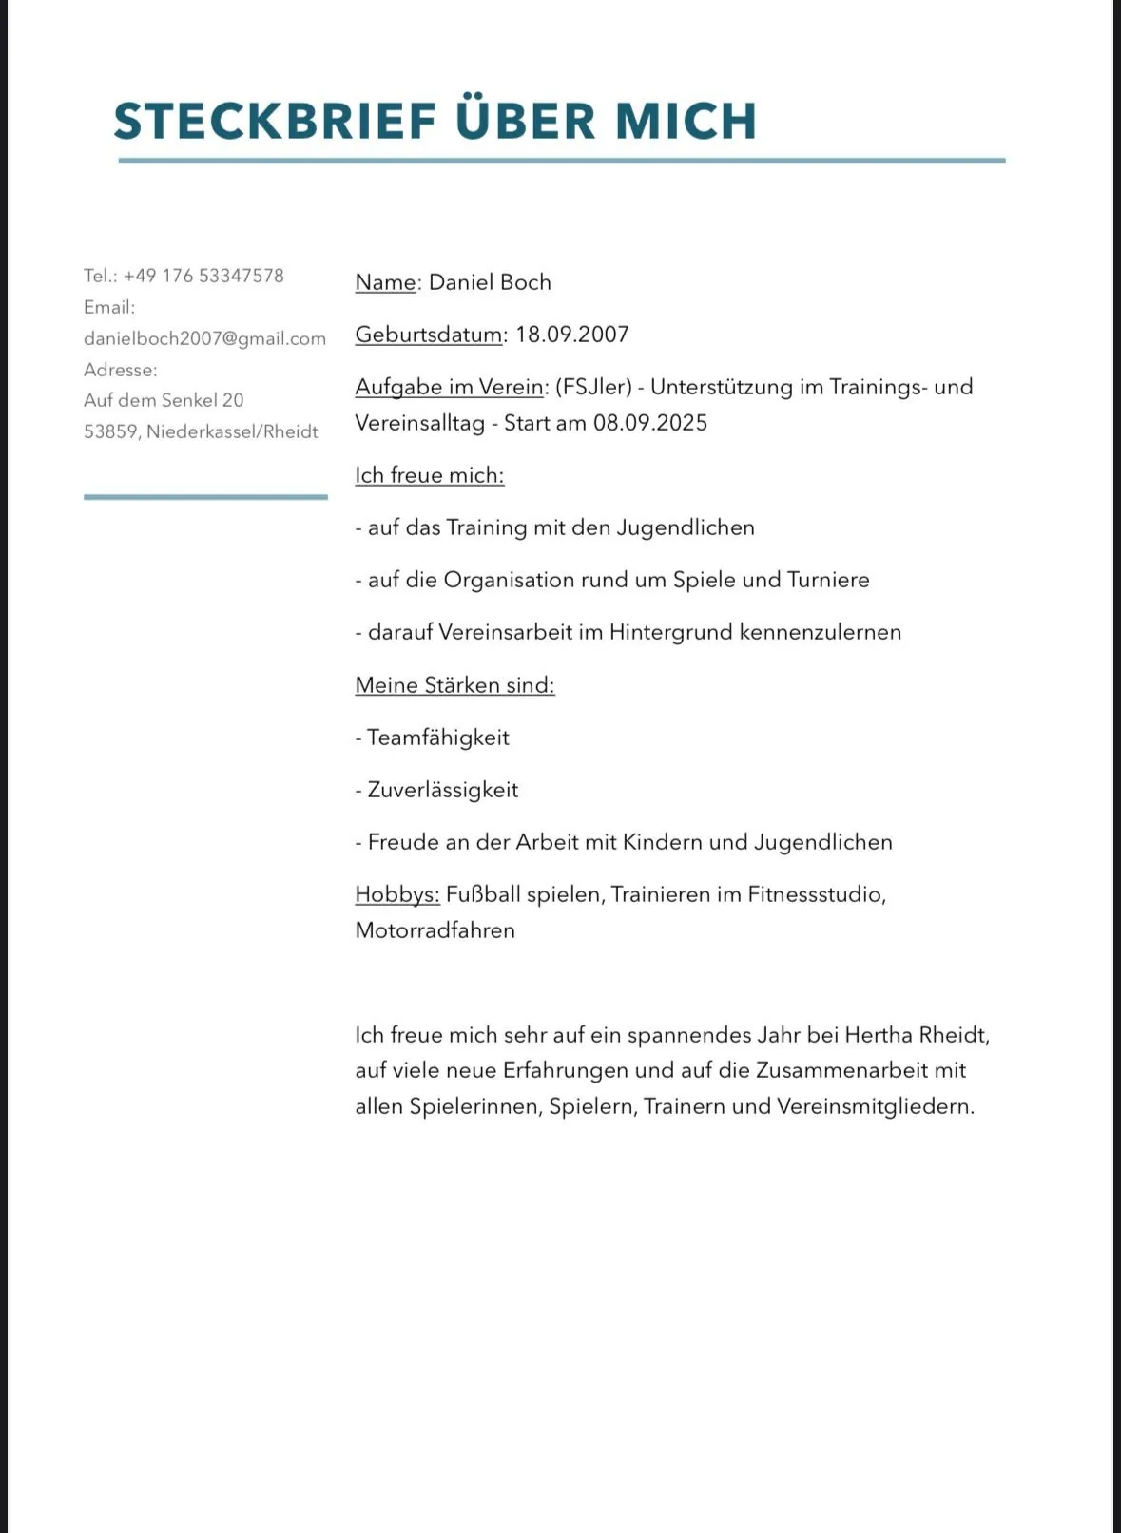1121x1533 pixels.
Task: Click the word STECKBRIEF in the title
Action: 275,121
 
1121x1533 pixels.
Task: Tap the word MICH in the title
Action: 685,121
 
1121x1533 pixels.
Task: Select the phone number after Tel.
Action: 203,276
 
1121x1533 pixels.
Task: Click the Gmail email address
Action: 204,338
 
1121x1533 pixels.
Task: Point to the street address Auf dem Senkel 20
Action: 164,400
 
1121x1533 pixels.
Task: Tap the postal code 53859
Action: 111,431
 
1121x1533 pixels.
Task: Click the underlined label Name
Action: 385,282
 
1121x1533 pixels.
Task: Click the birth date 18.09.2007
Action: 572,335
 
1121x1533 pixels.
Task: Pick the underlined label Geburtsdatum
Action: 429,335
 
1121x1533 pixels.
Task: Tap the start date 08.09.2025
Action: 650,423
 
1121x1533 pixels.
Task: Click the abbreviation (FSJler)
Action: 593,387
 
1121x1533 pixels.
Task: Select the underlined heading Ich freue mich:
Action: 430,475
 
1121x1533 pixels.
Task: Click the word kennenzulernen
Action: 820,632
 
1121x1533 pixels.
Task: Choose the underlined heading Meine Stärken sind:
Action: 454,685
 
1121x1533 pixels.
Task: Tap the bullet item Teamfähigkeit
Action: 438,738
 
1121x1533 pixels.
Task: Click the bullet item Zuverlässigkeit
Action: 443,790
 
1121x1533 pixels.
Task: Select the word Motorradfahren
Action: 435,930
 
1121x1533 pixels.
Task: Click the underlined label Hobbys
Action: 396,894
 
